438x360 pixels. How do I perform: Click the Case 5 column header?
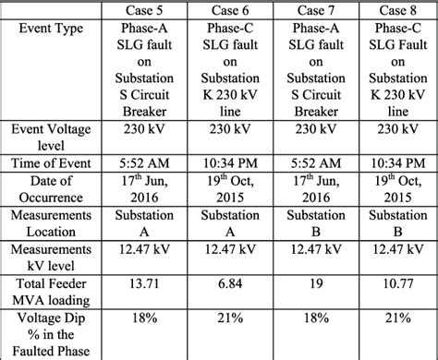pos(150,11)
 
